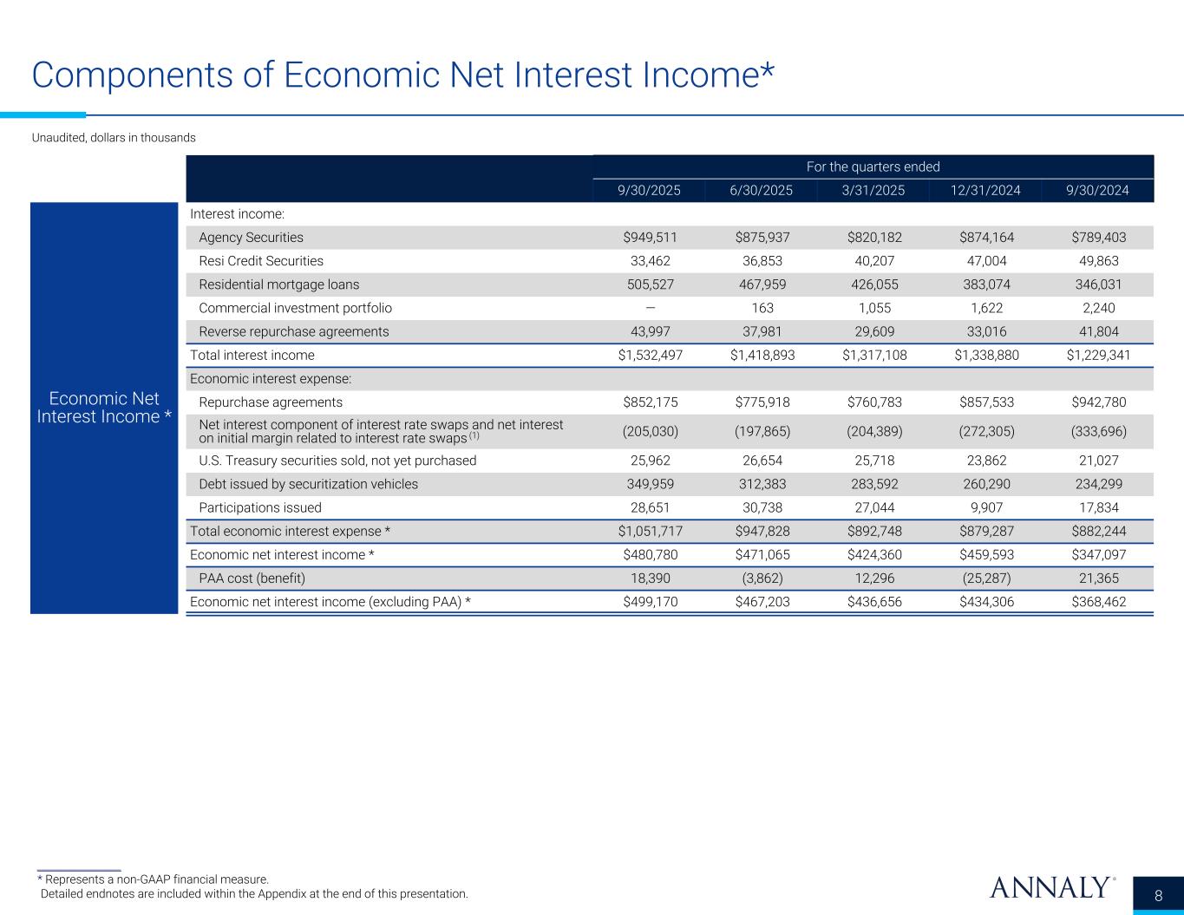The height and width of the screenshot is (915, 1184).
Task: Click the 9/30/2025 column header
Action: click(x=650, y=191)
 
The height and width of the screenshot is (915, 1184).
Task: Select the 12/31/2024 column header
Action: click(x=986, y=191)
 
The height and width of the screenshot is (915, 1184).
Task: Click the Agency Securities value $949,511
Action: click(x=650, y=238)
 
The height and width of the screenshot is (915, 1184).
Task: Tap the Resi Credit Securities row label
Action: click(x=261, y=261)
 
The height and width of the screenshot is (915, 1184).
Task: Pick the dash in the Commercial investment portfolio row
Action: click(x=650, y=308)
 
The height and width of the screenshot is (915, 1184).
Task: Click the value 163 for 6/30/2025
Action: click(x=762, y=308)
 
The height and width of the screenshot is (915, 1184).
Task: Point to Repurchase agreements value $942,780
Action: click(x=1099, y=402)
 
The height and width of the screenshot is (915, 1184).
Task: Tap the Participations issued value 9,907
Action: click(x=986, y=507)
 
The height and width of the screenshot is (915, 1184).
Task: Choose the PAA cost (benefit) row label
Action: click(x=252, y=578)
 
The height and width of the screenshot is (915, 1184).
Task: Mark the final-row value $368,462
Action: click(x=1099, y=602)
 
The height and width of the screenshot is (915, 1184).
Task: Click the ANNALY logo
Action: click(x=1050, y=887)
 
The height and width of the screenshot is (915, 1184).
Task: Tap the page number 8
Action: click(x=1159, y=896)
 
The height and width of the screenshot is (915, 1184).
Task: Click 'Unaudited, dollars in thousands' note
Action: click(x=114, y=138)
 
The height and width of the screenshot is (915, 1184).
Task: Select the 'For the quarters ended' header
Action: click(x=873, y=167)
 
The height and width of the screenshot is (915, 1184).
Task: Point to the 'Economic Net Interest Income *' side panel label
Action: click(x=104, y=408)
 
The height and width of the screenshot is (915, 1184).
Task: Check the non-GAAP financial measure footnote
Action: click(x=153, y=879)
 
